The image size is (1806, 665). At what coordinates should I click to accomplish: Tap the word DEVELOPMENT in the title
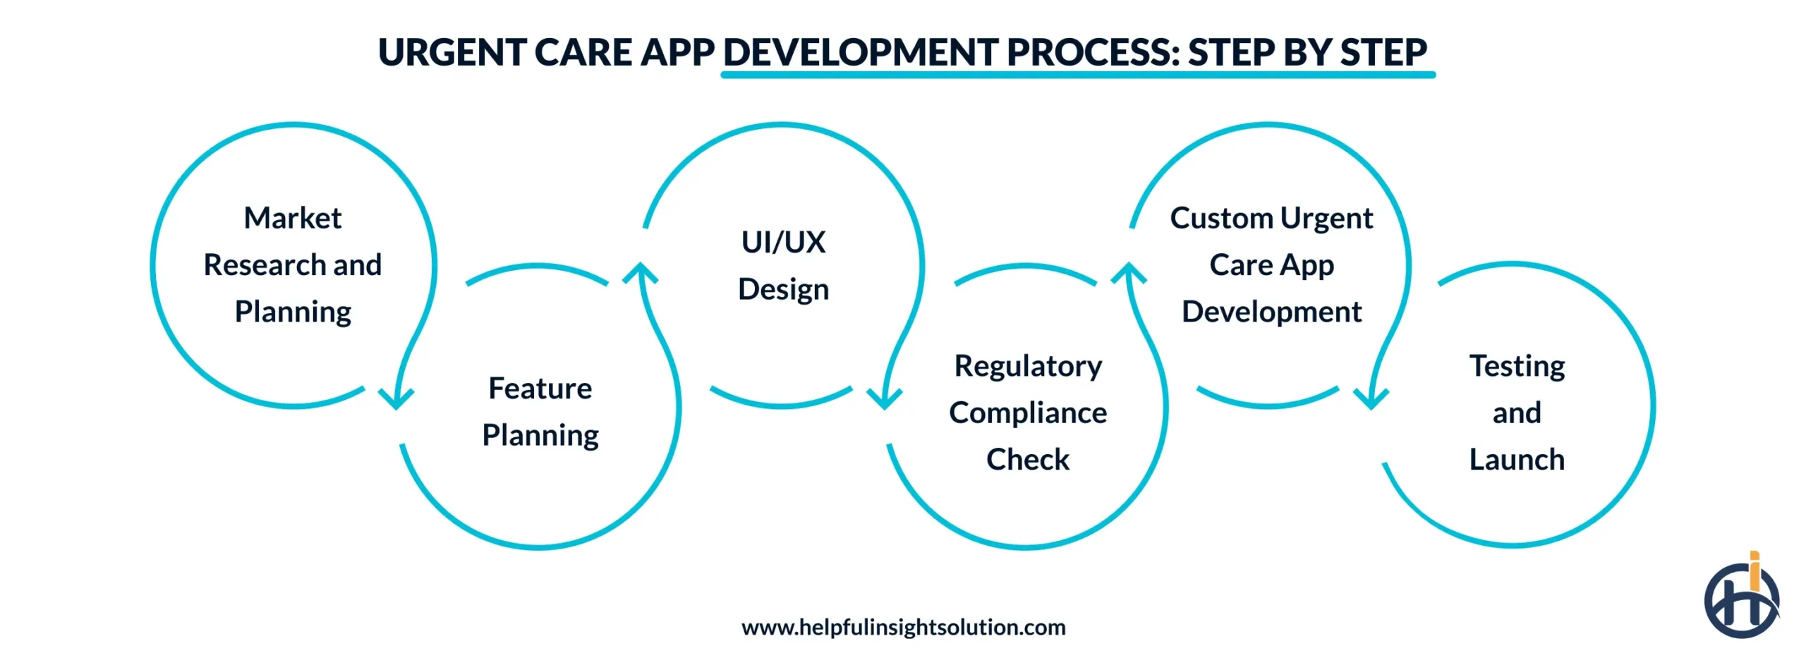(x=860, y=53)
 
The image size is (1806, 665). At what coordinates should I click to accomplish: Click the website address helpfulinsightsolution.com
(x=903, y=627)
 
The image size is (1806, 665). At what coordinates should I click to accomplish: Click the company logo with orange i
(x=1741, y=599)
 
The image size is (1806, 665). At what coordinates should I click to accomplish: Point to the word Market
(x=292, y=218)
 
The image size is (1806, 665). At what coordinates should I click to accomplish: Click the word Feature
(x=540, y=389)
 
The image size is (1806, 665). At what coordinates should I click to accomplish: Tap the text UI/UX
(x=783, y=242)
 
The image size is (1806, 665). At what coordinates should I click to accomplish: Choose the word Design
(x=783, y=289)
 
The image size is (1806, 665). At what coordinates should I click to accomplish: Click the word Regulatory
(x=1028, y=366)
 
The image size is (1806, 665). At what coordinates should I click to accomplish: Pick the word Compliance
(x=1028, y=413)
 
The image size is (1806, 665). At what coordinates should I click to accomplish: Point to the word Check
(x=1028, y=460)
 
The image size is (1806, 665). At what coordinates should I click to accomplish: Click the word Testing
(x=1517, y=366)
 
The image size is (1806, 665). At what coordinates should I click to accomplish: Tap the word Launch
(x=1517, y=460)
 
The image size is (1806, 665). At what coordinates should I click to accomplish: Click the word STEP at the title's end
(x=1383, y=53)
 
